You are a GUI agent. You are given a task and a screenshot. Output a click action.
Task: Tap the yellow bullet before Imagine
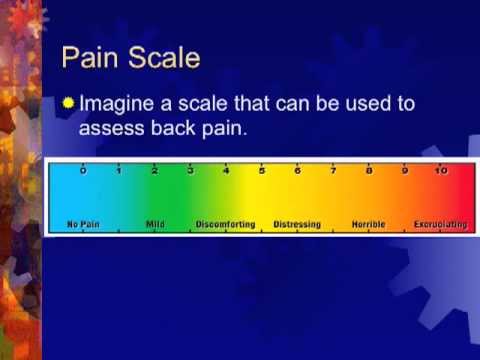(67, 102)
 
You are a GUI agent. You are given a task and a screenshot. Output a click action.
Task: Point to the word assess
(110, 128)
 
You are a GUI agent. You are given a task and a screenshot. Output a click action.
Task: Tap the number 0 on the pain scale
(83, 171)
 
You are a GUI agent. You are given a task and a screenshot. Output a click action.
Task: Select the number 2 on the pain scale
(154, 171)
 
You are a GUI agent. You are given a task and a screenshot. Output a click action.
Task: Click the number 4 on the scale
(226, 171)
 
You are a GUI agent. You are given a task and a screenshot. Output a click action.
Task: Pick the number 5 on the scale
(262, 171)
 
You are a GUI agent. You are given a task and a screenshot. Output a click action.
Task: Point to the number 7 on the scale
(333, 171)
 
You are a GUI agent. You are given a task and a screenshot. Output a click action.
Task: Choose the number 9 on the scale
(405, 171)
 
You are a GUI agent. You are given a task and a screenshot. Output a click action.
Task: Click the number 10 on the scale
(441, 171)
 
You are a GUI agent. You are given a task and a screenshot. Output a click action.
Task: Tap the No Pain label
(84, 225)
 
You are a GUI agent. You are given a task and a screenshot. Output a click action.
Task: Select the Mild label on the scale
(155, 225)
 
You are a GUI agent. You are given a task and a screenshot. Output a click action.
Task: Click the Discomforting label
(226, 225)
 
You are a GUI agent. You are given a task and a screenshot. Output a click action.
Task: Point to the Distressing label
(297, 225)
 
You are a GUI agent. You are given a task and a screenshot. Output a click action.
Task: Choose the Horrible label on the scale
(369, 225)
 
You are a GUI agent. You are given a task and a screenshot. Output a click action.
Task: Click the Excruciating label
(440, 225)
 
